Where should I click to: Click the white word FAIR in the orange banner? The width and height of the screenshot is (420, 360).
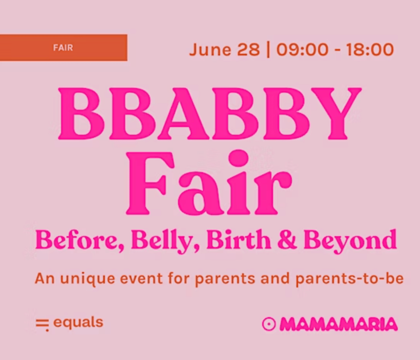63,48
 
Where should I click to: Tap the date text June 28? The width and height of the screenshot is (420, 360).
224,49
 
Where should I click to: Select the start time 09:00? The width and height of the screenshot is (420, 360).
302,49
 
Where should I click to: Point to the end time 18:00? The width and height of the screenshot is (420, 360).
370,49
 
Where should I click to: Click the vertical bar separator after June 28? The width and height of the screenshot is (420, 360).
268,49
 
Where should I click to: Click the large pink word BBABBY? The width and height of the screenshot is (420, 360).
210,114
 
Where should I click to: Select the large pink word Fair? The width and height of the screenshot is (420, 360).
209,183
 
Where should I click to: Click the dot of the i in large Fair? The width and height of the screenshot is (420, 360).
238,158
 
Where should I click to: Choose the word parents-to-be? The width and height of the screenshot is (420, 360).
350,279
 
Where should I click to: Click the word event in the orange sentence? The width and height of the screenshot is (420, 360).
141,279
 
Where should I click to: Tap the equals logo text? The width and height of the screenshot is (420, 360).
78,323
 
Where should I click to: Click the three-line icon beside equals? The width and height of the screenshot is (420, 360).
42,325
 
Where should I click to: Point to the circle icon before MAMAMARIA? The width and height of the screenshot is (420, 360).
269,324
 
